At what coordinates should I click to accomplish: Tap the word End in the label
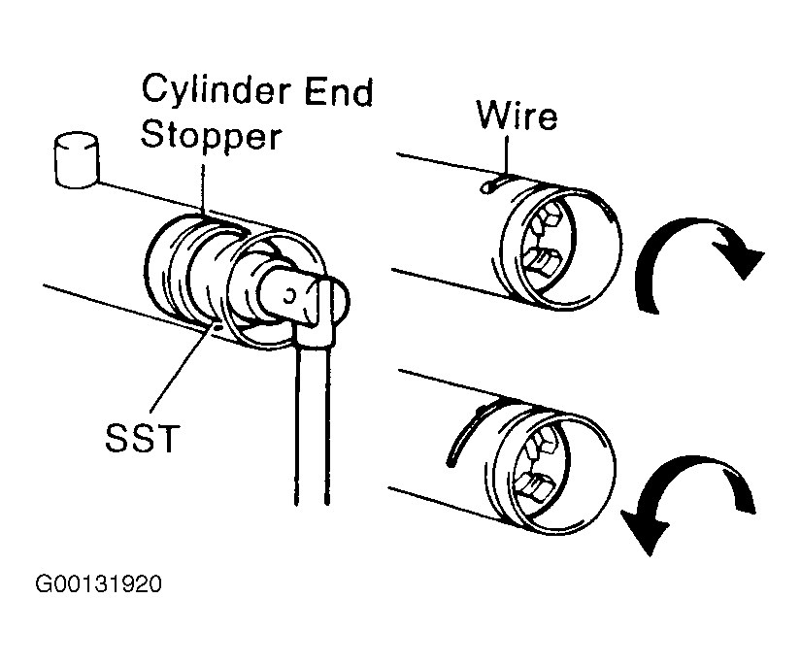(x=339, y=92)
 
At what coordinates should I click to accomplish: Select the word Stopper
(x=211, y=135)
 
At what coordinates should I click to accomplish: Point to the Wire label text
(x=517, y=116)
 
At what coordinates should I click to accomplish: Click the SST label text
(x=142, y=438)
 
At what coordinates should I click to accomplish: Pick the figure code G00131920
(x=99, y=583)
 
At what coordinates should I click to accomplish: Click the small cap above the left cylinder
(x=76, y=160)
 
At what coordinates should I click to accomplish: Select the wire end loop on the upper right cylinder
(x=486, y=187)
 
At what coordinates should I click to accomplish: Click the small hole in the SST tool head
(x=289, y=295)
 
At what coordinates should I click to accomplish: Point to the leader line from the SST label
(x=183, y=367)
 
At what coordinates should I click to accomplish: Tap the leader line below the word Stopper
(x=203, y=189)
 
